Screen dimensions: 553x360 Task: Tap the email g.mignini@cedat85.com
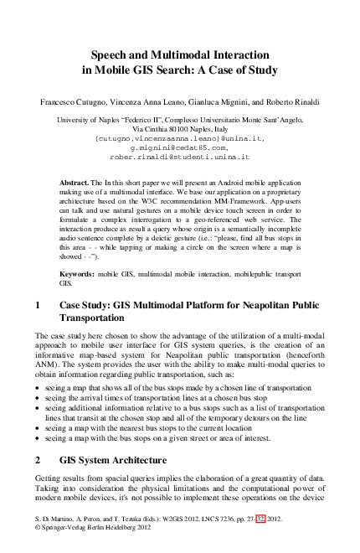point(180,147)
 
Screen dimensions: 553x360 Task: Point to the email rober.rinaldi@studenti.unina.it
point(180,157)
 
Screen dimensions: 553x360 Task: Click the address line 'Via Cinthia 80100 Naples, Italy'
point(180,129)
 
